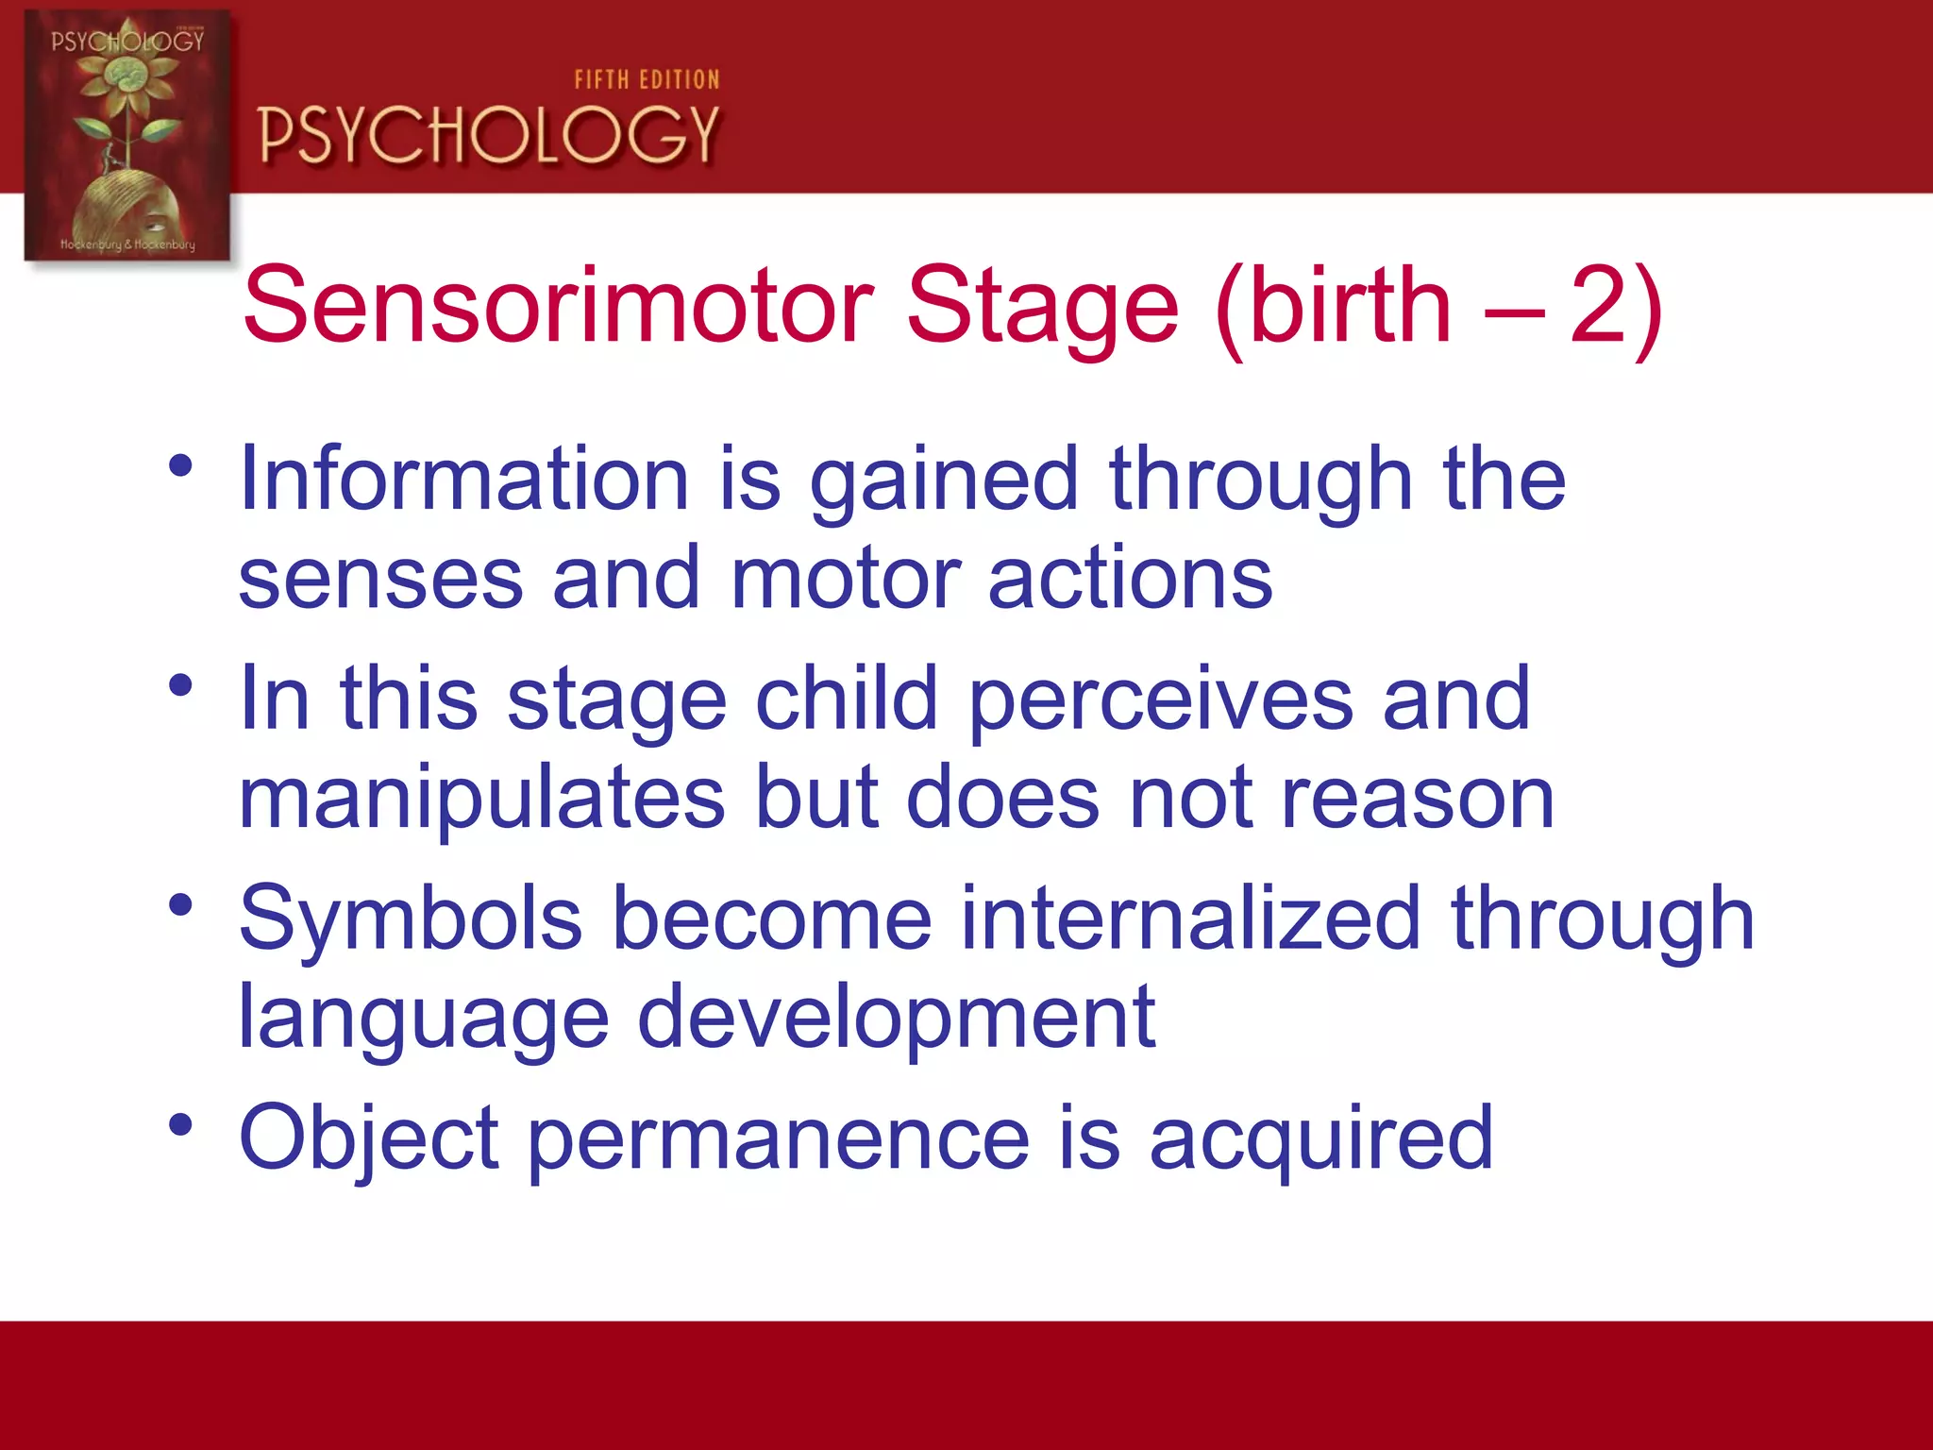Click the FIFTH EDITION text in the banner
click(647, 80)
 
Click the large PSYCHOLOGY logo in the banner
click(489, 134)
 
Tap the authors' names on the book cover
click(127, 244)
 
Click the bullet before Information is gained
click(181, 465)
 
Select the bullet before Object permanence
click(181, 1125)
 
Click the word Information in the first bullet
click(463, 480)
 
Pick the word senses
click(380, 579)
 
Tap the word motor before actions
click(845, 579)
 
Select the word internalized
click(1190, 919)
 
